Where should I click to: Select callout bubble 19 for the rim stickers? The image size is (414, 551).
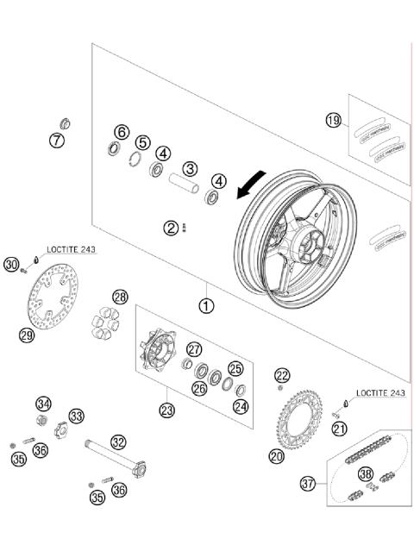click(x=334, y=120)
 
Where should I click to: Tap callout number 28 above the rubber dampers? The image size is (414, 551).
click(x=119, y=297)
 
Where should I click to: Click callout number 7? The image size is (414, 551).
click(x=57, y=140)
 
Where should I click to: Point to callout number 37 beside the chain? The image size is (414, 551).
click(x=308, y=485)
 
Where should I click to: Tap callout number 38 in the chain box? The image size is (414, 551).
click(x=366, y=473)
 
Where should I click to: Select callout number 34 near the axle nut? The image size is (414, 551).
click(x=43, y=404)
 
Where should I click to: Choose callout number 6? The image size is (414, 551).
click(x=122, y=132)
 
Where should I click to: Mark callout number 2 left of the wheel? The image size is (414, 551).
click(x=172, y=228)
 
